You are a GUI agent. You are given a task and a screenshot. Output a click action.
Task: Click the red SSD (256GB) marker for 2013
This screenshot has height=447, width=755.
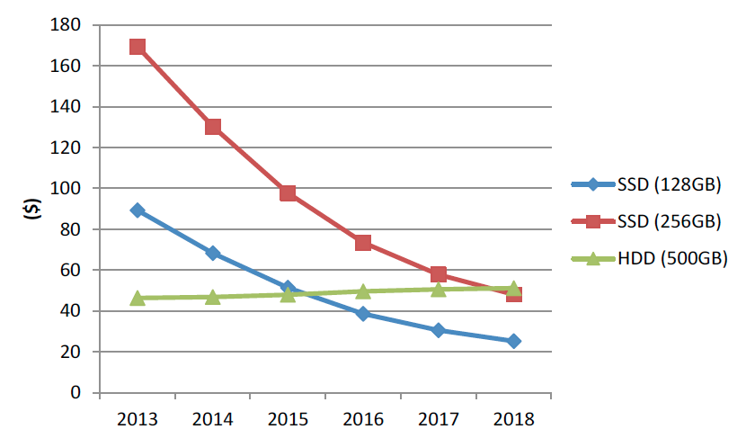click(x=138, y=47)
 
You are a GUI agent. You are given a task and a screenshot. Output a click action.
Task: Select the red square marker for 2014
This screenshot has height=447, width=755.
click(x=213, y=127)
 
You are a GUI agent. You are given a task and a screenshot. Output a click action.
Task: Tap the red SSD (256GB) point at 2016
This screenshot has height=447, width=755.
click(x=363, y=243)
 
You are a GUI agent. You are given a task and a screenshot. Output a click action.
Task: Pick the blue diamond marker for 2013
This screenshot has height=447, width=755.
click(x=138, y=210)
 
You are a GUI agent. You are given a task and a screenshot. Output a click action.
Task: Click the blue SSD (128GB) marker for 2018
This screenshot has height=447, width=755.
click(x=513, y=341)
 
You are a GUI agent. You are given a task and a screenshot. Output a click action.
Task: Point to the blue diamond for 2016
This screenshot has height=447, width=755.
click(x=363, y=314)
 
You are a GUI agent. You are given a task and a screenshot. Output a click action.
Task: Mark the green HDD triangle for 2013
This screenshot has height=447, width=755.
click(x=138, y=298)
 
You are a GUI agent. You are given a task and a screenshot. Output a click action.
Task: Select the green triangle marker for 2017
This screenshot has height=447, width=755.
click(x=439, y=289)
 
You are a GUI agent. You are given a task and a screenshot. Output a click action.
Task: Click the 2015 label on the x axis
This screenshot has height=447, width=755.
click(x=288, y=420)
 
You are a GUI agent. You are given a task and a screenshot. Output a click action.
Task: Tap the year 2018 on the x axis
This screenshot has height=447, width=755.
click(x=513, y=420)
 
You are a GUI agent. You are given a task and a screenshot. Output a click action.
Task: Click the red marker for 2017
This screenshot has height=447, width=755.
click(x=439, y=274)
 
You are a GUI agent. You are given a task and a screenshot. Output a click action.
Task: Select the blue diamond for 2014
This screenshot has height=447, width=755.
click(x=213, y=254)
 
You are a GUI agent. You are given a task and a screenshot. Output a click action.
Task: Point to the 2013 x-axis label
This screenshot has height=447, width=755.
click(x=138, y=420)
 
